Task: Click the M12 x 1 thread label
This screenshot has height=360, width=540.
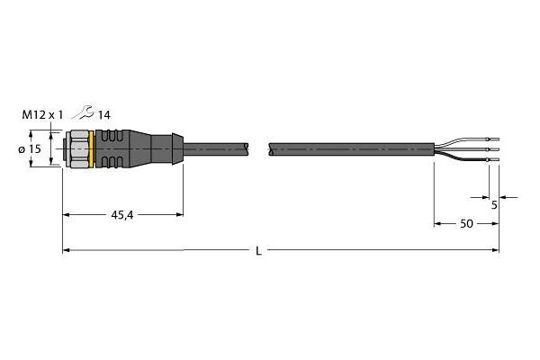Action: [x=42, y=114]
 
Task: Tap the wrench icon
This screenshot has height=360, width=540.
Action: [x=83, y=112]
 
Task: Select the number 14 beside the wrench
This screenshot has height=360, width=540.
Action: [x=104, y=115]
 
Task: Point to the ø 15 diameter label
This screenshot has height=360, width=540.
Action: [x=30, y=149]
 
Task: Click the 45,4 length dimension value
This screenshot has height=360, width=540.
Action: [x=122, y=215]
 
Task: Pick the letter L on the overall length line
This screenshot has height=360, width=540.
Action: [x=258, y=251]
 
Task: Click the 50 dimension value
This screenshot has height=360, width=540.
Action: [x=466, y=224]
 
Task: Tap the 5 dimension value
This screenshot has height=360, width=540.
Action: [x=494, y=205]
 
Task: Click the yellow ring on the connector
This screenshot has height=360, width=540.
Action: [x=91, y=149]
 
